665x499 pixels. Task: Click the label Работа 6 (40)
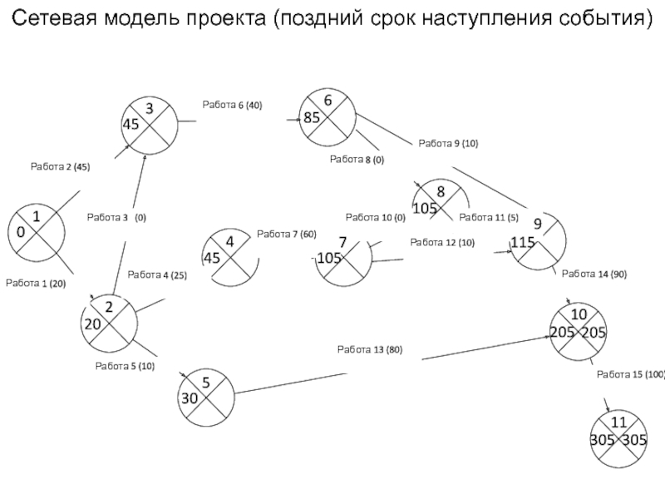click(232, 105)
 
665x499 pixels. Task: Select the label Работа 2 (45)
click(60, 167)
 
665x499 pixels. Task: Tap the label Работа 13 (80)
click(370, 349)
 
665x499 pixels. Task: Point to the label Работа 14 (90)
click(594, 274)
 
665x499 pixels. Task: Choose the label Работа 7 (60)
click(287, 235)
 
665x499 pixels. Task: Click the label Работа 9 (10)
click(448, 143)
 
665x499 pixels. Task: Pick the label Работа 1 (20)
click(36, 284)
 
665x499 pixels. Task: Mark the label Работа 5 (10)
click(125, 366)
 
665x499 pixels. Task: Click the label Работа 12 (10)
click(442, 243)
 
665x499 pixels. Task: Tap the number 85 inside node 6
click(312, 117)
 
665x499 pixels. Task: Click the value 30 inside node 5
click(190, 398)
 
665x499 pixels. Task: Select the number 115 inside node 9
click(523, 242)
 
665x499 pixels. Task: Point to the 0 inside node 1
click(21, 232)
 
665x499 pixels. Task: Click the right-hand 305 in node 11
click(634, 440)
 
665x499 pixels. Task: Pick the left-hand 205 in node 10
click(563, 332)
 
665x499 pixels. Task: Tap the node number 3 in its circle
click(150, 109)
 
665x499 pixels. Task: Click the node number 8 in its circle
click(441, 192)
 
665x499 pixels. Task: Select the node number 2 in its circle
click(109, 307)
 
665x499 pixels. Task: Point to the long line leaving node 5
click(291, 383)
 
